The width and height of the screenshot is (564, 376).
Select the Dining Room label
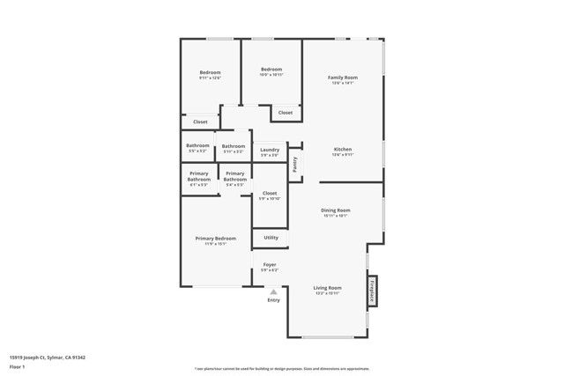[337, 210]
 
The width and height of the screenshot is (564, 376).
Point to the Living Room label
[328, 288]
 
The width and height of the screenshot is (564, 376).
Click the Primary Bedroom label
[216, 239]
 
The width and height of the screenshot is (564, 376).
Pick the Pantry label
[295, 163]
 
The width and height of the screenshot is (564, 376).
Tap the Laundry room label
[271, 150]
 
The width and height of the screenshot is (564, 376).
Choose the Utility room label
[271, 237]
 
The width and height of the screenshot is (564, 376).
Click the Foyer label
[270, 264]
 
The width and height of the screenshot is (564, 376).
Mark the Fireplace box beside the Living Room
[372, 291]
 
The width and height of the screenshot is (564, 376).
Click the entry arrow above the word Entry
[273, 291]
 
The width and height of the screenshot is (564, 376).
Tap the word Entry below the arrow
[273, 300]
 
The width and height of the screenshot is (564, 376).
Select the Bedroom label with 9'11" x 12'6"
[210, 72]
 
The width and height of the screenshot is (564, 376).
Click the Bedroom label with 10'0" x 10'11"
[271, 70]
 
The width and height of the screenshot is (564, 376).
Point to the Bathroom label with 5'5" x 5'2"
[197, 145]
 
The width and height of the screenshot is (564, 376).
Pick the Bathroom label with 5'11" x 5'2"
[234, 146]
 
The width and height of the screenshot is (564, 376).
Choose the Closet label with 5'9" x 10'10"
[270, 193]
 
